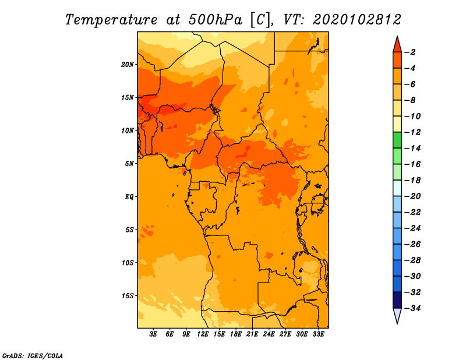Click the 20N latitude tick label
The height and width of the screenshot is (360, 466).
(128, 65)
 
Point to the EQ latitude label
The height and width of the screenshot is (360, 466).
(129, 197)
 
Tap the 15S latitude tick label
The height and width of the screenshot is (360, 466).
(128, 296)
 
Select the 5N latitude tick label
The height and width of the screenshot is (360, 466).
(129, 164)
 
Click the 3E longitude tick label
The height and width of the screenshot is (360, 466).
(153, 334)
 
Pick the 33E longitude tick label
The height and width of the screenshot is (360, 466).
(318, 334)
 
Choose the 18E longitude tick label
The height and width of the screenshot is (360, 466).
(236, 334)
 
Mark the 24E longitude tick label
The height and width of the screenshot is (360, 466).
(269, 334)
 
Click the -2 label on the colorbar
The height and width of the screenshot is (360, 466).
(410, 52)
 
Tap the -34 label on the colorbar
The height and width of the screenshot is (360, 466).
(413, 308)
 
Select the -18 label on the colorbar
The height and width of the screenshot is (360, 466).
(413, 181)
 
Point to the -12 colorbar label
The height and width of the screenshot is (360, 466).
(413, 132)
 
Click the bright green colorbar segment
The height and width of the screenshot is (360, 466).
(397, 140)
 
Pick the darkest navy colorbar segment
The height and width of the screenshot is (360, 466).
(397, 300)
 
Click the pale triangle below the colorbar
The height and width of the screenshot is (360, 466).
(397, 315)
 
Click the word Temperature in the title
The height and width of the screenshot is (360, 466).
(111, 20)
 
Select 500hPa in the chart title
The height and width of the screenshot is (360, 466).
(215, 20)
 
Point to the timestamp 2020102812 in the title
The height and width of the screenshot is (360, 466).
(357, 20)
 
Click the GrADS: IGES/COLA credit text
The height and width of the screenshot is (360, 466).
(33, 355)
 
